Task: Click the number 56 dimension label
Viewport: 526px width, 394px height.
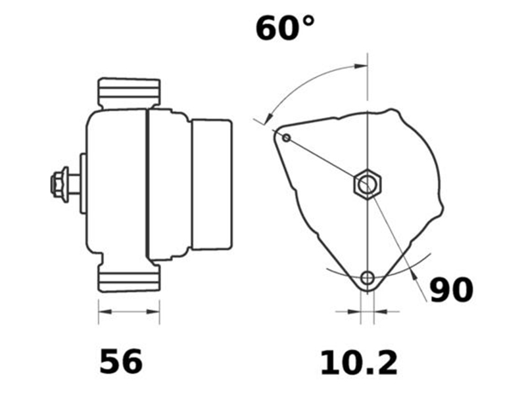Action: pyautogui.click(x=121, y=362)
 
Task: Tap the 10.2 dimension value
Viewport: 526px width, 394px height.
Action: pyautogui.click(x=359, y=363)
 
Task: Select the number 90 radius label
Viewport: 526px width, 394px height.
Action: pyautogui.click(x=451, y=290)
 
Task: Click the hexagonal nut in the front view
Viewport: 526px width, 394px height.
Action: pyautogui.click(x=366, y=184)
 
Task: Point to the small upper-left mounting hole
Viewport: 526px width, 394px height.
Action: pyautogui.click(x=287, y=137)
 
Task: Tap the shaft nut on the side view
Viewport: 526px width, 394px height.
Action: pyautogui.click(x=59, y=184)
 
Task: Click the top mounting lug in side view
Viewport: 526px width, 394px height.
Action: pyautogui.click(x=129, y=93)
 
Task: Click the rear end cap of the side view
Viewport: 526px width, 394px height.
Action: pyautogui.click(x=210, y=184)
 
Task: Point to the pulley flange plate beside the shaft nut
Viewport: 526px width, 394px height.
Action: pyautogui.click(x=83, y=184)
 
